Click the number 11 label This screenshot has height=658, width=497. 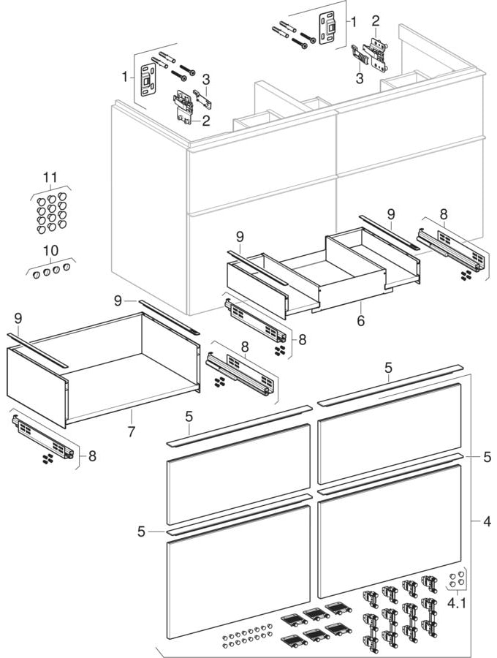tap(50, 178)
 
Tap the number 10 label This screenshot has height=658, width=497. tap(50, 251)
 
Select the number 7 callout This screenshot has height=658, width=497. tap(131, 431)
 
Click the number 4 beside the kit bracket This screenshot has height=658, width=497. tap(485, 521)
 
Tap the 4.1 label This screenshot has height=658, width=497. tap(457, 605)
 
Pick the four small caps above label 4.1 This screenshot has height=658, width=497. tap(456, 580)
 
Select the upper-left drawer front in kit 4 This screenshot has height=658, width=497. tap(238, 473)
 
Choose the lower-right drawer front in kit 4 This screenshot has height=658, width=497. tap(389, 530)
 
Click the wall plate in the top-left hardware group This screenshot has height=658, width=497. tap(149, 77)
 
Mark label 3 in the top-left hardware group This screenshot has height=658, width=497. tap(207, 79)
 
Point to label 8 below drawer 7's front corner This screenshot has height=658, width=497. tap(91, 456)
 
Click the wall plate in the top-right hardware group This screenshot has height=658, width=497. tap(326, 27)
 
